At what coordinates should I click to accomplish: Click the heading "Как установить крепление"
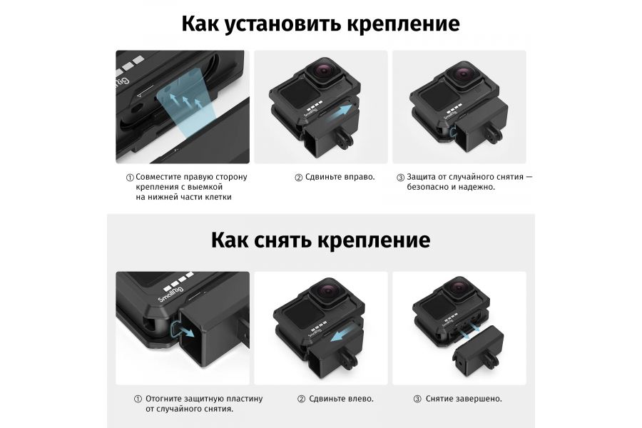click(320, 24)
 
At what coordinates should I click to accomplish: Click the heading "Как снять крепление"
click(320, 240)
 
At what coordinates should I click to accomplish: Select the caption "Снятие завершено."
click(464, 399)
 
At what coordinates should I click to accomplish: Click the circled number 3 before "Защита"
click(400, 177)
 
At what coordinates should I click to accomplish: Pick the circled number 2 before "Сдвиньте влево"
click(301, 399)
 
